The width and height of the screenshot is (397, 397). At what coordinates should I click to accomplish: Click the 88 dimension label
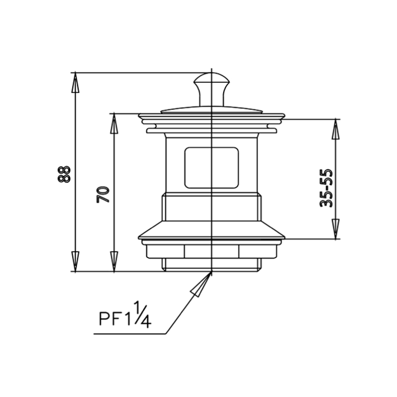point(64,174)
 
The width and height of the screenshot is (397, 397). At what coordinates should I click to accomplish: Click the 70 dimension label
point(103,195)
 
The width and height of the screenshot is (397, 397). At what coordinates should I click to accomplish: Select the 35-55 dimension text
point(326,188)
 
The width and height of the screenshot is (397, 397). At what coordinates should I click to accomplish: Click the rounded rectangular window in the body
point(212,168)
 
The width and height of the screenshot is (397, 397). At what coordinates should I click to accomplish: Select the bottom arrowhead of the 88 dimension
point(75,261)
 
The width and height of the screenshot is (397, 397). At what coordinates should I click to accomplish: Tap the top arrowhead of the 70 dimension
point(114,124)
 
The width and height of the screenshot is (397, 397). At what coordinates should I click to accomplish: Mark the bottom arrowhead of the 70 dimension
point(114,261)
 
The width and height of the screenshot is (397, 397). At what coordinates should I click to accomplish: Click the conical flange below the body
point(212,230)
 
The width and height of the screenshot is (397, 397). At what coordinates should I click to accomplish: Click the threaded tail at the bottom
point(212,265)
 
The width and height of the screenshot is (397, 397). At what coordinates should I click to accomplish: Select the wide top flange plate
point(212,117)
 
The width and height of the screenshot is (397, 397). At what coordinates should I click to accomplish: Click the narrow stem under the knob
point(212,98)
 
